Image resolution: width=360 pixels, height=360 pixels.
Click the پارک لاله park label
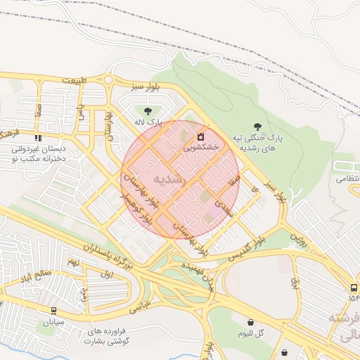(x=149, y=122)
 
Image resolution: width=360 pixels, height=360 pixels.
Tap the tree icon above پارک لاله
(x=147, y=111)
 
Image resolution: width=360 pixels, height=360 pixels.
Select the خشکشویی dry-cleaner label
(x=201, y=148)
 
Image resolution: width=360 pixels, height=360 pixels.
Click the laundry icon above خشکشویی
(x=200, y=136)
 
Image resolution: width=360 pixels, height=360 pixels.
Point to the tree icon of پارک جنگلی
(x=258, y=126)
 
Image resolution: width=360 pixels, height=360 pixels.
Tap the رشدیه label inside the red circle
(x=172, y=179)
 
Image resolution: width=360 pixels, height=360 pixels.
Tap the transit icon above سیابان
(x=54, y=309)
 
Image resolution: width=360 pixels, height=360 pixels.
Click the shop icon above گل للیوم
(x=251, y=322)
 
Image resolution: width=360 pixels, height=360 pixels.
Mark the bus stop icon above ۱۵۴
(x=353, y=288)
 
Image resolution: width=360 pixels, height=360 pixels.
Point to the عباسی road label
(x=140, y=306)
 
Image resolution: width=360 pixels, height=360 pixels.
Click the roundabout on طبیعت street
(x=108, y=79)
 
